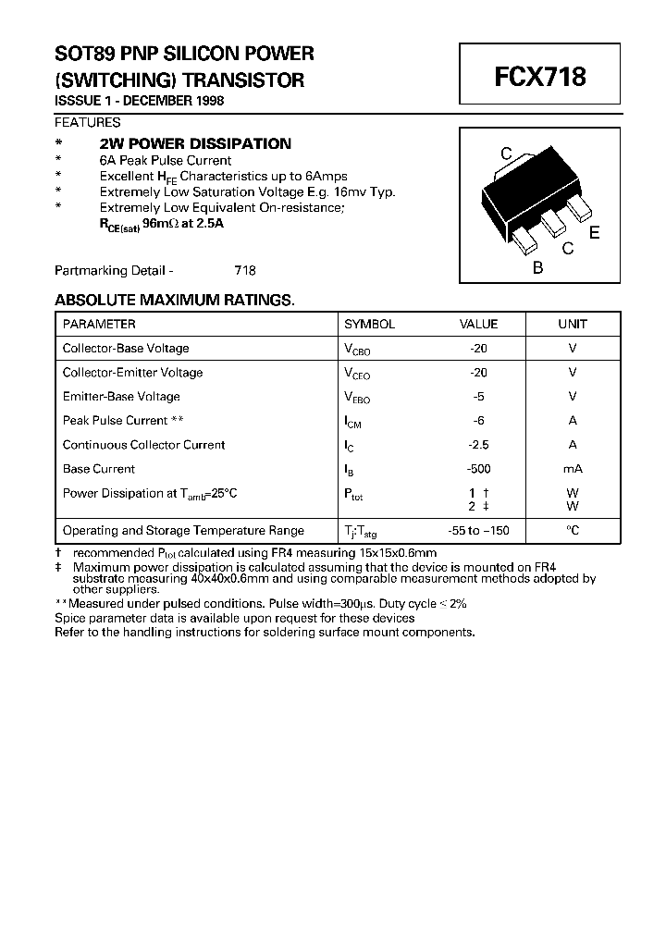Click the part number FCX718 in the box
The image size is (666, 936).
540,76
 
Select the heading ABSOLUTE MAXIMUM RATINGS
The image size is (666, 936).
174,301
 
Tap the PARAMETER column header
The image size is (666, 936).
99,325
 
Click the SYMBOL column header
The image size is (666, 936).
369,325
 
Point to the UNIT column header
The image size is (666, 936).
573,325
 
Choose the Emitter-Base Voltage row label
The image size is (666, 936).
121,397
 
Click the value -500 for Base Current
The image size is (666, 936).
478,469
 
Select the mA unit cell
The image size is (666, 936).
573,469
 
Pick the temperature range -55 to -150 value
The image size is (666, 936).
478,531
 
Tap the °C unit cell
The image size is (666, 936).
573,531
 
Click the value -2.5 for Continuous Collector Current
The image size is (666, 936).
478,445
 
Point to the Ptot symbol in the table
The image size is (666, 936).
354,494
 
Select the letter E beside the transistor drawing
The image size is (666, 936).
595,233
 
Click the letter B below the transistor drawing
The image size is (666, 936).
537,268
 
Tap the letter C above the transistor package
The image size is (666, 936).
506,154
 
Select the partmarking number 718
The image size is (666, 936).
244,271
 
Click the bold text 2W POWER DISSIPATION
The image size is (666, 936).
195,144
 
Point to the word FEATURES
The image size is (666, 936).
87,122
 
